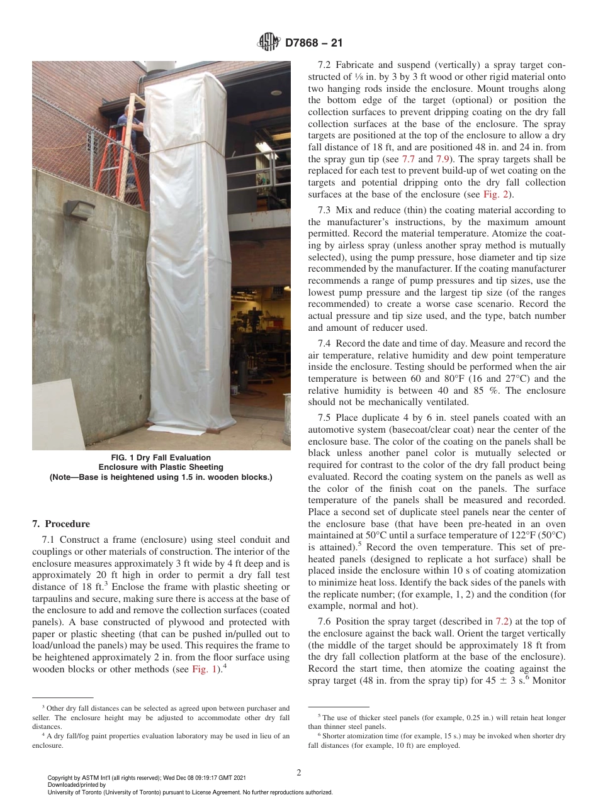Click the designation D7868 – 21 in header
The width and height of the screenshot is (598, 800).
[x=313, y=44]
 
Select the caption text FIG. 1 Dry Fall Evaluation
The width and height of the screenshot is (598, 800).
[x=161, y=457]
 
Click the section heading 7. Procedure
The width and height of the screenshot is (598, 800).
[x=61, y=524]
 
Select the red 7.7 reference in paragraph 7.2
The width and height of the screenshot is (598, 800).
[x=408, y=158]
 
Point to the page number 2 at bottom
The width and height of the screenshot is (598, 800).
[x=299, y=773]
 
